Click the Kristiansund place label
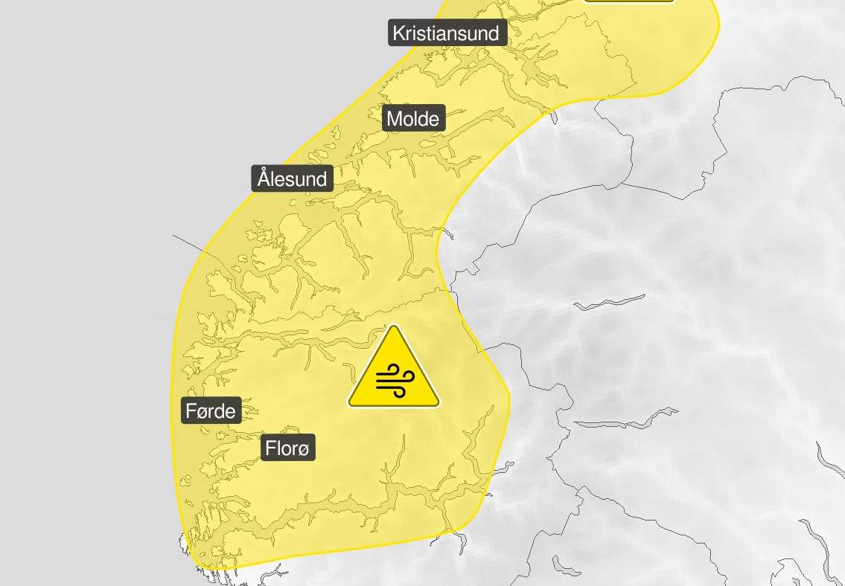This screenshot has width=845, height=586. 447,33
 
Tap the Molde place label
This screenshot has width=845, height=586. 413,118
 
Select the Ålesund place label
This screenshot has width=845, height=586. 292,179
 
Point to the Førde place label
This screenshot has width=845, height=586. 211,410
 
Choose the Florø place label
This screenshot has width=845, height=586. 288,448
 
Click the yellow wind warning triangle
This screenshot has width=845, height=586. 394,372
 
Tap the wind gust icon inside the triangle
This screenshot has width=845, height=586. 394,380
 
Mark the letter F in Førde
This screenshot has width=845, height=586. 191,410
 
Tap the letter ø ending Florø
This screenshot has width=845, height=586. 304,449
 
